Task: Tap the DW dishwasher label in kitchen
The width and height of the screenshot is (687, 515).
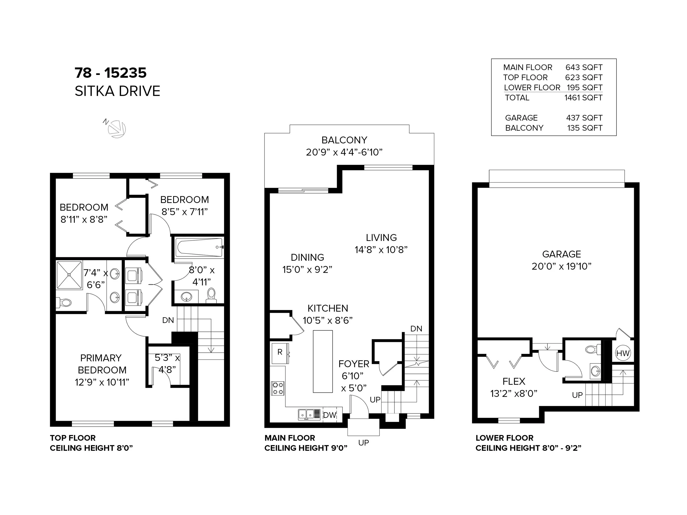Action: [x=330, y=415]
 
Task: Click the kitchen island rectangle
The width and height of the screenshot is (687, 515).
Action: [x=323, y=361]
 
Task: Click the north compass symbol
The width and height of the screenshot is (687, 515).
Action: [x=117, y=128]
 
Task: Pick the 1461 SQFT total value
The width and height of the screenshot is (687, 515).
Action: [x=583, y=98]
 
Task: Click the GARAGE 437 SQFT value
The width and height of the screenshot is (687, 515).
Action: [x=584, y=118]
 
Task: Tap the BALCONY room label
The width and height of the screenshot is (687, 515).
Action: [x=344, y=140]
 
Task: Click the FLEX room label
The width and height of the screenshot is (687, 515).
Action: [x=514, y=382]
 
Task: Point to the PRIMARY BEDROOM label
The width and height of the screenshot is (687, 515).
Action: [x=102, y=364]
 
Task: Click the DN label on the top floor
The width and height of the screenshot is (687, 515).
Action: [x=168, y=320]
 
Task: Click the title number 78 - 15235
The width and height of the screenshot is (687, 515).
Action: [x=110, y=73]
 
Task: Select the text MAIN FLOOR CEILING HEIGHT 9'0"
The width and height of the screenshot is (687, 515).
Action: [x=306, y=443]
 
